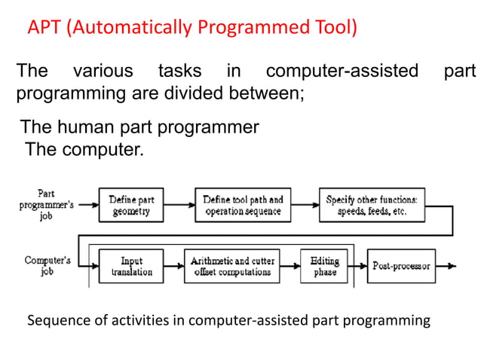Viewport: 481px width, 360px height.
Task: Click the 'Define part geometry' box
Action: pos(132,206)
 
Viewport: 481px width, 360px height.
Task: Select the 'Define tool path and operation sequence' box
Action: pos(243,206)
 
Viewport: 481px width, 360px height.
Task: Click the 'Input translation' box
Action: pos(132,266)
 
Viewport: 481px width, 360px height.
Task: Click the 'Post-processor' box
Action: pos(400,266)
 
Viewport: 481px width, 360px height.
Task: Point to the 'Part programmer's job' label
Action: pos(46,204)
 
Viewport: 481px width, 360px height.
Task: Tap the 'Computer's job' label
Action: pos(47,266)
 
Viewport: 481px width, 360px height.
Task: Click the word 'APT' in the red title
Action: pos(44,28)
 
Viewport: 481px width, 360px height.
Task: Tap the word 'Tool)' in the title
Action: pos(333,28)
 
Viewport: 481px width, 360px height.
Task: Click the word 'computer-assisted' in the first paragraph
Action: pos(342,72)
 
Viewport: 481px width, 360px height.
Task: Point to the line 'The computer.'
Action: pos(84,149)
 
